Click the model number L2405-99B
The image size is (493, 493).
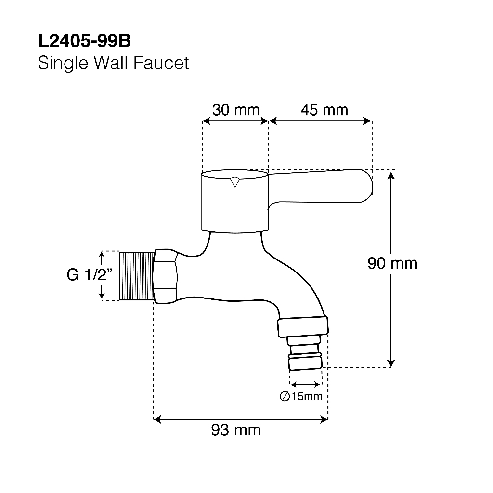point(84,42)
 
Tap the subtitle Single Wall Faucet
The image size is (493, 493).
point(113,63)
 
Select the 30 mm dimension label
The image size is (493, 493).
point(235,110)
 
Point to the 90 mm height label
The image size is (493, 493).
point(392,263)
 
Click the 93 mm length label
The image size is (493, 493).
point(236,429)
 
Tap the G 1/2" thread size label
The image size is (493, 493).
point(90,275)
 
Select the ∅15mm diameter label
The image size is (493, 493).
point(301,396)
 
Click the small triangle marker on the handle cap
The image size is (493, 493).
point(234,182)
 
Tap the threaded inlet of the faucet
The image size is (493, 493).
point(136,276)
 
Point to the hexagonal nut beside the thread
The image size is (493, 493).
point(165,276)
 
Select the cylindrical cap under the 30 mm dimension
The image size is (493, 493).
point(234,202)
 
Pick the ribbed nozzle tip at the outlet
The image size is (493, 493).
point(305,362)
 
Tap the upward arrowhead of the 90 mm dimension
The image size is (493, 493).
point(392,175)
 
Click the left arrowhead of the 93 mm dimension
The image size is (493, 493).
point(156,420)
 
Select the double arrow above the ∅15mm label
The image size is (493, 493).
point(305,384)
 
